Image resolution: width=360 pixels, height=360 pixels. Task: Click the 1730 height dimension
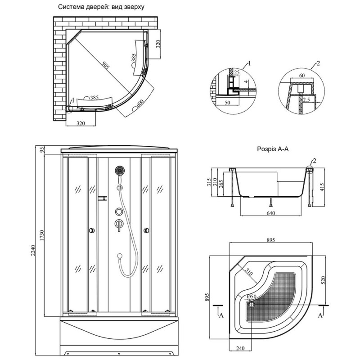click(43, 236)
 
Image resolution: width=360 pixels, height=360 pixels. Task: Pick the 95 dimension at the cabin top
click(43, 150)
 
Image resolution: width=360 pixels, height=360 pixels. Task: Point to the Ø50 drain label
click(252, 297)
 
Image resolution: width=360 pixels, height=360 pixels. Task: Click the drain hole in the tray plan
click(251, 303)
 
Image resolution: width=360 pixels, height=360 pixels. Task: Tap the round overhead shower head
click(120, 171)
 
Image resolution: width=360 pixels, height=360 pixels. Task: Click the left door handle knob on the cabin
click(93, 230)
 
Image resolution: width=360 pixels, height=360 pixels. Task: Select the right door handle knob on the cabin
click(146, 230)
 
